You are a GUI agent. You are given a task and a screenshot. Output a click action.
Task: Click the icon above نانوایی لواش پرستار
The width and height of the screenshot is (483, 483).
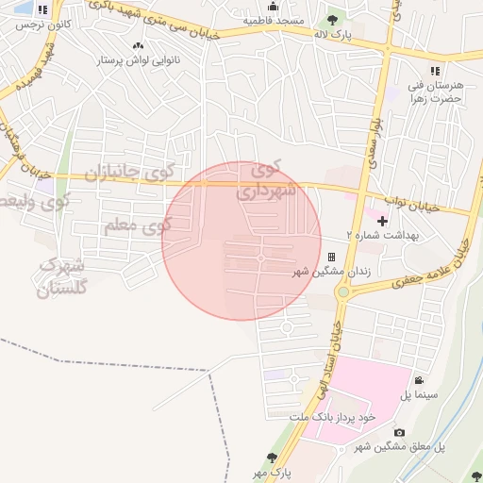(x=139, y=45)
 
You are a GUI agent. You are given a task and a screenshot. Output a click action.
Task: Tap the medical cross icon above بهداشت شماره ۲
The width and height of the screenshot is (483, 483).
(x=382, y=221)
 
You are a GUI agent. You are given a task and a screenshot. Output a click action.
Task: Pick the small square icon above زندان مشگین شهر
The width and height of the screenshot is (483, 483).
(x=331, y=257)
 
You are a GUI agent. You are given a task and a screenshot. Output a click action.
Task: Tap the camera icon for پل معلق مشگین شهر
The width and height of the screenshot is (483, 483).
(x=400, y=432)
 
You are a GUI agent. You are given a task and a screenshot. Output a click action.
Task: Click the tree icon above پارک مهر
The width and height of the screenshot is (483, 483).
(x=273, y=457)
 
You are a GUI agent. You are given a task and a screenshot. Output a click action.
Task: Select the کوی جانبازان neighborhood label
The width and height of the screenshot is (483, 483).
(x=125, y=174)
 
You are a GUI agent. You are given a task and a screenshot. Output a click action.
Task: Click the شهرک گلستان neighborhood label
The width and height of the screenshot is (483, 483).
(x=62, y=278)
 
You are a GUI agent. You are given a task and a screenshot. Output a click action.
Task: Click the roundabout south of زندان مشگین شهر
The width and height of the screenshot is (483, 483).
(x=342, y=291)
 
